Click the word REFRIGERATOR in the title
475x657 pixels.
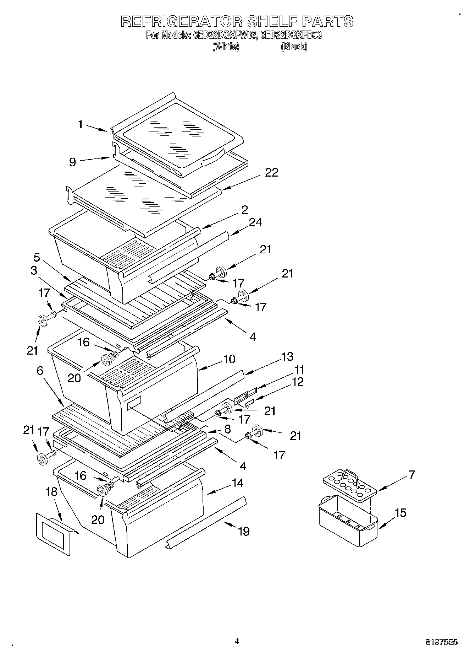click(182, 21)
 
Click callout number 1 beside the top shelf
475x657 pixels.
click(81, 124)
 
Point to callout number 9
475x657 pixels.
click(72, 162)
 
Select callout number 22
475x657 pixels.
click(271, 173)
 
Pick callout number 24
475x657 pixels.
click(255, 223)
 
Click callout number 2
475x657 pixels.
click(244, 210)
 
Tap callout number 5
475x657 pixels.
click(37, 257)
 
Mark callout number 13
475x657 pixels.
click(287, 356)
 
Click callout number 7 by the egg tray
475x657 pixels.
click(412, 475)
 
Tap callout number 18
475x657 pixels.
click(52, 492)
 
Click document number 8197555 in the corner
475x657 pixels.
click(441, 642)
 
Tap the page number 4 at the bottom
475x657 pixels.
click(237, 641)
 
